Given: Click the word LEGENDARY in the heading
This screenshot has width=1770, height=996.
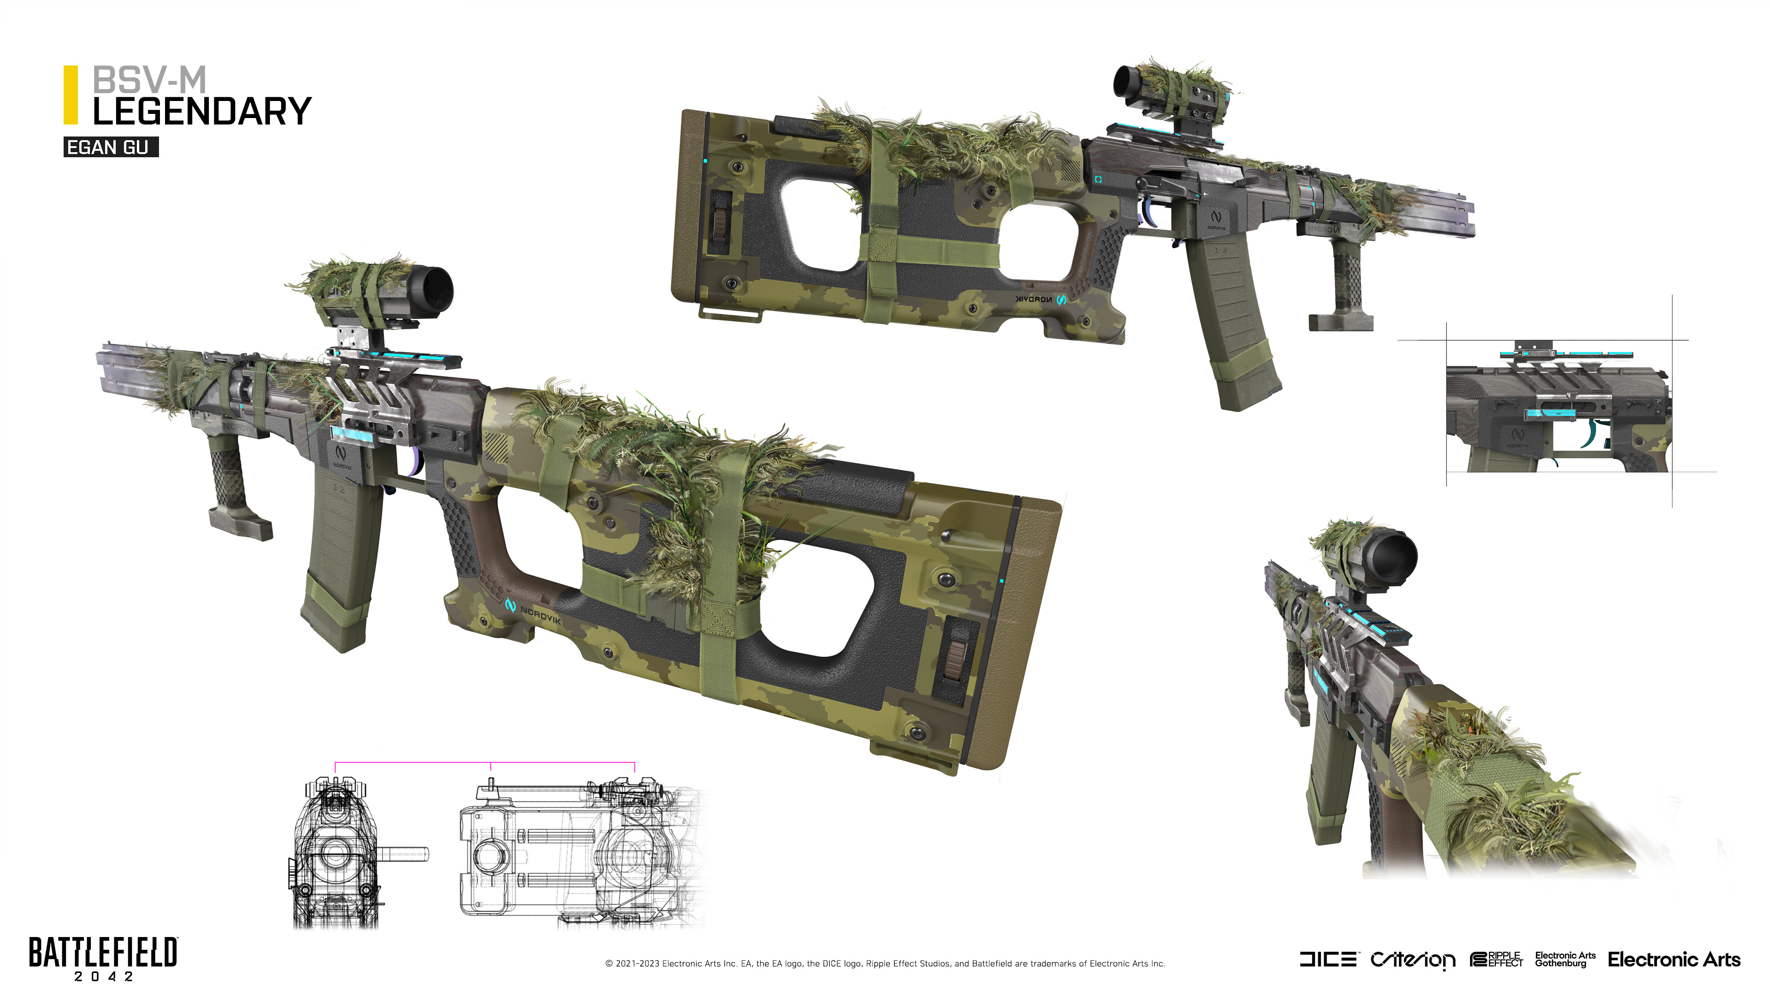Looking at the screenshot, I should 202,112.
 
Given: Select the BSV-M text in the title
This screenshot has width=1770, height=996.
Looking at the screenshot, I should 149,80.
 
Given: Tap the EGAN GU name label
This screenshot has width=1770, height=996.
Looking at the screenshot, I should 110,148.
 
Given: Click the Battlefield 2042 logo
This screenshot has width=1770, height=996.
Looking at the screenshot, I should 103,958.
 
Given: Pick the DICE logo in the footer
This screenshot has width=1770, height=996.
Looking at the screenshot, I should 1327,959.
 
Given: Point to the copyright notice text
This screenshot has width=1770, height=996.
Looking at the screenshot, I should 885,964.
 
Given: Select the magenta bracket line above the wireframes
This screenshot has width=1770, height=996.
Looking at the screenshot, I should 484,762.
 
